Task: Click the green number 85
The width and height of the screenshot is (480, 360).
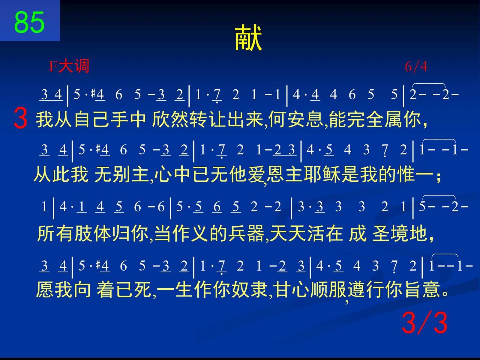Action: tap(29, 22)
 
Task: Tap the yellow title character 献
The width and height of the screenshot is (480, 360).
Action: tap(248, 37)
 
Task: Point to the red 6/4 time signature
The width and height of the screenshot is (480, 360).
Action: tap(416, 67)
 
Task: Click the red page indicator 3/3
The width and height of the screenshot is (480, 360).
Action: tap(424, 323)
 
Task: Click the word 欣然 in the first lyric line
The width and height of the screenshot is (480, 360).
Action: tap(170, 119)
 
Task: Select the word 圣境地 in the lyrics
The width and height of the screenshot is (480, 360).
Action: tap(400, 234)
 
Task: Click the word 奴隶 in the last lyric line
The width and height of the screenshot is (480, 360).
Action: tap(250, 290)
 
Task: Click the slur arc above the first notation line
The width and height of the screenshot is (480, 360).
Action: tap(429, 84)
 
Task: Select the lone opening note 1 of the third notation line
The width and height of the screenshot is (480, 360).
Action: tap(44, 207)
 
